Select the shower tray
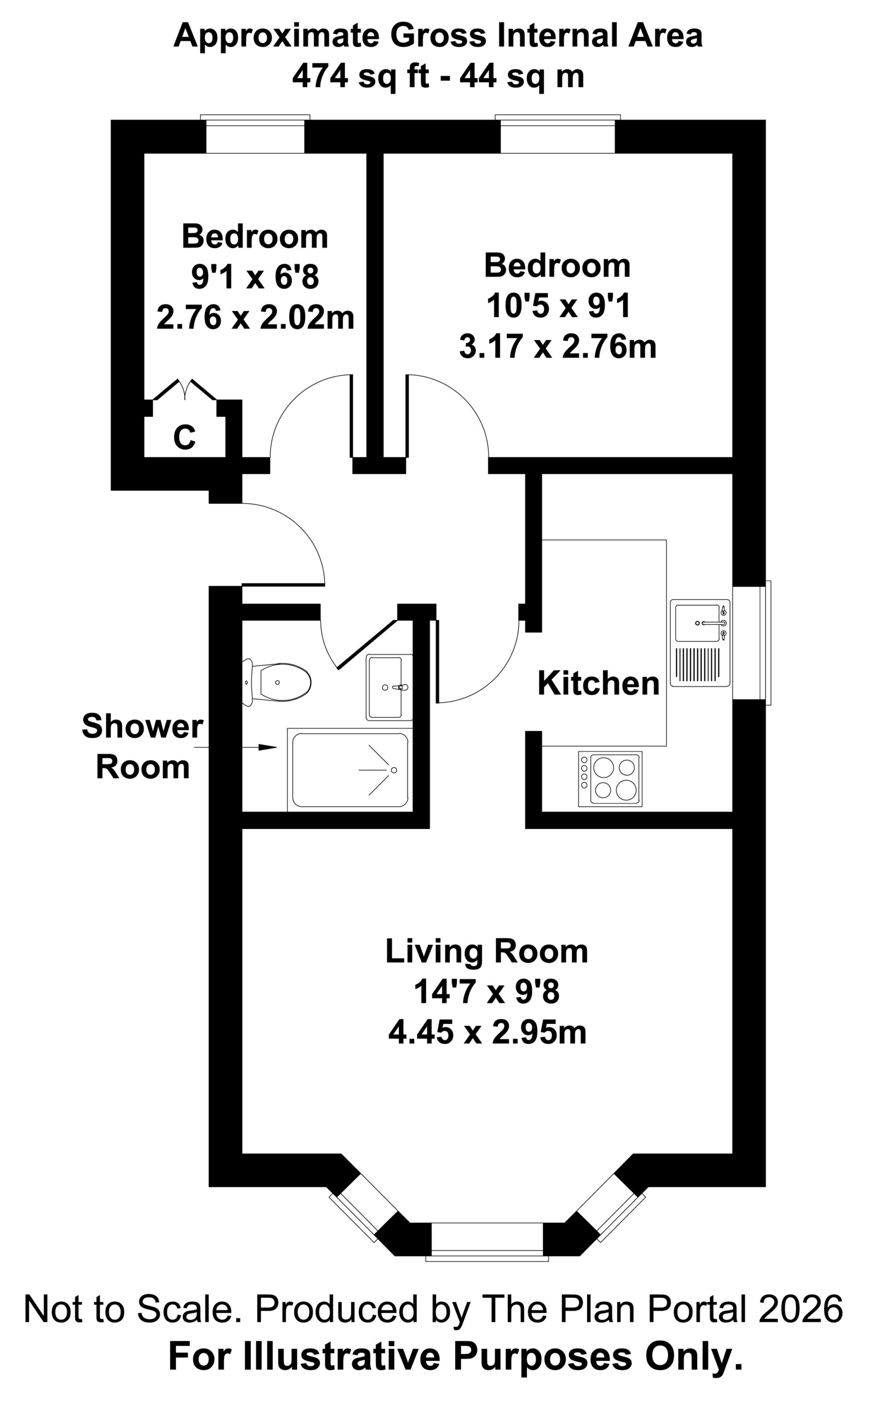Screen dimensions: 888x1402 click(350, 769)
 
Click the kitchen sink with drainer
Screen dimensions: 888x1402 click(700, 643)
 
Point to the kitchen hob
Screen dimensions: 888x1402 click(610, 779)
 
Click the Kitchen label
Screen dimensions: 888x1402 click(598, 683)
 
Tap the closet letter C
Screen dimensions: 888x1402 click(184, 436)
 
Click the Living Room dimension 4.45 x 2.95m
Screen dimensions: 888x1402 click(488, 1032)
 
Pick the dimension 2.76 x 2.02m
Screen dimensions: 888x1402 click(255, 318)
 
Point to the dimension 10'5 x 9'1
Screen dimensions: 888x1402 click(558, 306)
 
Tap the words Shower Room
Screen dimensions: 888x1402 click(142, 746)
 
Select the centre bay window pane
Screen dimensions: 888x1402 click(488, 1242)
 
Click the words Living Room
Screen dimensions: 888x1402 click(487, 951)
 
